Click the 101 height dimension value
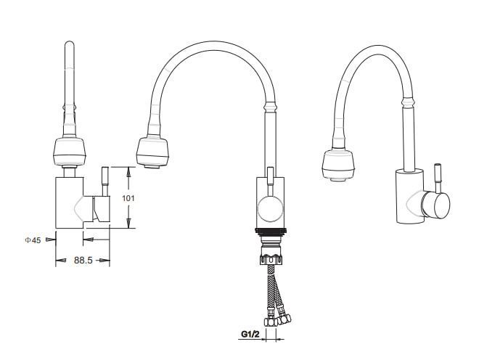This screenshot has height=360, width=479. [x=128, y=198]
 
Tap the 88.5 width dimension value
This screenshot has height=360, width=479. [x=83, y=260]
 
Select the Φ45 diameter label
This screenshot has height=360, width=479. [x=33, y=240]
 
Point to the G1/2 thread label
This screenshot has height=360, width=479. [x=250, y=334]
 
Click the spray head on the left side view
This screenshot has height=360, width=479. [x=70, y=152]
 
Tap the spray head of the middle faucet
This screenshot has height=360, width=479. [x=152, y=152]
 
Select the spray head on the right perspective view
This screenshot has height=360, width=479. [x=338, y=165]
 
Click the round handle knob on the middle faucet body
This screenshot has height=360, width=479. [x=271, y=209]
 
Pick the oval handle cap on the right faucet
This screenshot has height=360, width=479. [x=442, y=205]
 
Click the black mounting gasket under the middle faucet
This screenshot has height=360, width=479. [x=271, y=232]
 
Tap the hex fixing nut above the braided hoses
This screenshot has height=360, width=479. [x=271, y=259]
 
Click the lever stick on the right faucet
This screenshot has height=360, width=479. [x=438, y=178]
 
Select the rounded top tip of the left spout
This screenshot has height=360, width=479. [x=70, y=43]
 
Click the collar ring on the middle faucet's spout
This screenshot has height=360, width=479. [x=270, y=107]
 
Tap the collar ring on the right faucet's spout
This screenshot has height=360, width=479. [x=408, y=102]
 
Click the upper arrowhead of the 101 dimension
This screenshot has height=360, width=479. [x=128, y=172]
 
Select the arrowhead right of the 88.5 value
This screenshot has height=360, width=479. [x=105, y=261]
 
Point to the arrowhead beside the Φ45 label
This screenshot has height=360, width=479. [x=50, y=240]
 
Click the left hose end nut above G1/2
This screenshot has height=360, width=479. [x=270, y=322]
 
